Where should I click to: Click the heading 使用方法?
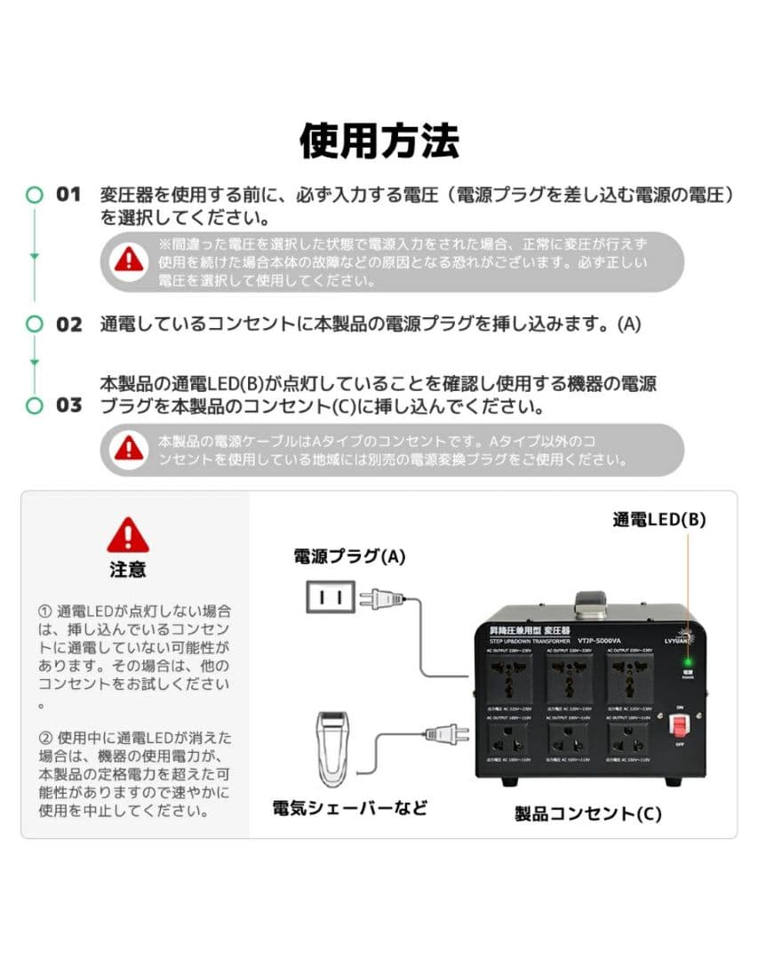pyautogui.click(x=379, y=140)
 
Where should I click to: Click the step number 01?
pyautogui.click(x=68, y=194)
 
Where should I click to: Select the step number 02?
pyautogui.click(x=68, y=324)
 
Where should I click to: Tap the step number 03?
pyautogui.click(x=68, y=405)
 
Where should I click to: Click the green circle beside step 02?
pyautogui.click(x=35, y=324)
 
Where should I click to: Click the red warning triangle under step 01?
pyautogui.click(x=130, y=260)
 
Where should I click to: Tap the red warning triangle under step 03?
pyautogui.click(x=130, y=449)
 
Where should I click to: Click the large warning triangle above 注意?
pyautogui.click(x=128, y=535)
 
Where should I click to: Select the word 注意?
pyautogui.click(x=128, y=569)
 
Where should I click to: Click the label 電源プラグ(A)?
pyautogui.click(x=349, y=556)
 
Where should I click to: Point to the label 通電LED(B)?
pyautogui.click(x=658, y=520)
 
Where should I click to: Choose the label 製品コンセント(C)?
pyautogui.click(x=587, y=812)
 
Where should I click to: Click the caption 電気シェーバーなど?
pyautogui.click(x=349, y=808)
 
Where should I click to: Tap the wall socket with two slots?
pyautogui.click(x=331, y=597)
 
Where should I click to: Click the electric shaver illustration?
pyautogui.click(x=336, y=750)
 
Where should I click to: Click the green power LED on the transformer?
pyautogui.click(x=686, y=661)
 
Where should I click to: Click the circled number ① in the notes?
pyautogui.click(x=45, y=612)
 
